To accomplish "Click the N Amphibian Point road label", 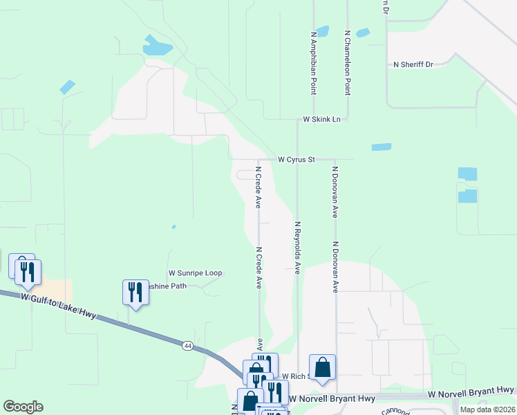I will (314, 62).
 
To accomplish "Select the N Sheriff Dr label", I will (413, 64).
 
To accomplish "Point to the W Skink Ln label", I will (322, 120).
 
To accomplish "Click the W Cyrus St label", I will (297, 160).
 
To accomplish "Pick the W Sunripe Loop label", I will (195, 273).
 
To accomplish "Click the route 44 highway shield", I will (187, 344).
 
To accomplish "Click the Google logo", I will (23, 407).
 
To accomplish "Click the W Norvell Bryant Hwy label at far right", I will (471, 393).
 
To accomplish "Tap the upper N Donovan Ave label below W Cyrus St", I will (335, 192).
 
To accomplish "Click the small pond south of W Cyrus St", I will (381, 147).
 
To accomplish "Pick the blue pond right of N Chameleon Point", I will (362, 33).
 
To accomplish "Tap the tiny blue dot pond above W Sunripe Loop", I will (173, 226).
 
